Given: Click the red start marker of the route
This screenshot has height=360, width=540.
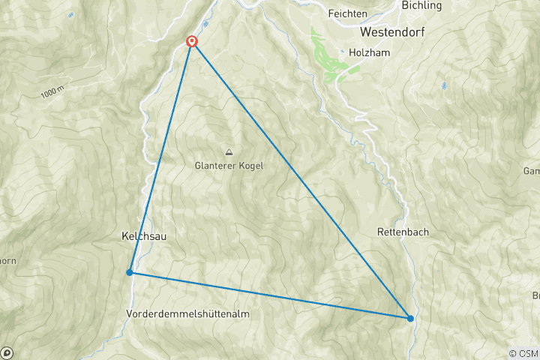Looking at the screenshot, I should pyautogui.click(x=192, y=42).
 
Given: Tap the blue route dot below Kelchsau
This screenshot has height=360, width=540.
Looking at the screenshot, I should pyautogui.click(x=130, y=272).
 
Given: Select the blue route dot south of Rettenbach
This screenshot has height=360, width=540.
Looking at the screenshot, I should pyautogui.click(x=410, y=318).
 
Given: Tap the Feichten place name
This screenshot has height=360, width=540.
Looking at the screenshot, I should pyautogui.click(x=348, y=14).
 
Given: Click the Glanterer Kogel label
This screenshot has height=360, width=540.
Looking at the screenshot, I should pyautogui.click(x=229, y=165).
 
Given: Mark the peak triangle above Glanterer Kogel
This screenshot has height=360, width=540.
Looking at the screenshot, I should pyautogui.click(x=229, y=152).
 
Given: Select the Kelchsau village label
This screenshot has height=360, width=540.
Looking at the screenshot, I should pyautogui.click(x=144, y=235).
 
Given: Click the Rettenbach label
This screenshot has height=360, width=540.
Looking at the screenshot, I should pyautogui.click(x=403, y=232).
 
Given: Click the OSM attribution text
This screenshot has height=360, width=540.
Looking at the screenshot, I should pyautogui.click(x=523, y=352).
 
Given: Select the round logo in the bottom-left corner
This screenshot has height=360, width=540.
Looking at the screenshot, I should pyautogui.click(x=7, y=352).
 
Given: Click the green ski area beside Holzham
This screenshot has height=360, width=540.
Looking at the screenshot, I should pyautogui.click(x=330, y=56).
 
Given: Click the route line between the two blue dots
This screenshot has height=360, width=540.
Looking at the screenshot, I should pyautogui.click(x=270, y=295).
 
